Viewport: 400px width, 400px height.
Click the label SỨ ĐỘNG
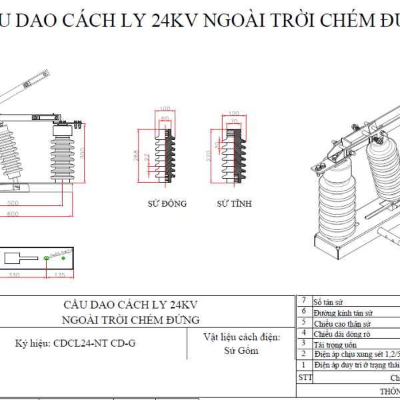167,203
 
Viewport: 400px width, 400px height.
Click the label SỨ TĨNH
235,203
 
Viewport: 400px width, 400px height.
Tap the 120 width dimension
233,114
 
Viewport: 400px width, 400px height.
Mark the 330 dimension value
13,274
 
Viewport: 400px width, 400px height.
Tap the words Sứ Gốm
241,351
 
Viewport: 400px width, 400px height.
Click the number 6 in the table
303,312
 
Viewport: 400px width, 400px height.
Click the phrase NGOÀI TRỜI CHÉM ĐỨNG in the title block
130,320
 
